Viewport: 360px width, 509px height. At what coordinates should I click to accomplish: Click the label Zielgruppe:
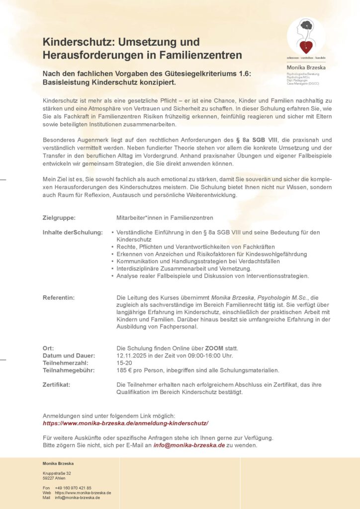point(59,218)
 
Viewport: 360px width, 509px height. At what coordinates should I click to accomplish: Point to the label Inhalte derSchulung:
point(73,232)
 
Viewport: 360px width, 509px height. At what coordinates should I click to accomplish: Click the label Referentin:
point(59,297)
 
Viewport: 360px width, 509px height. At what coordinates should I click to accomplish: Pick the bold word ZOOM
point(214,348)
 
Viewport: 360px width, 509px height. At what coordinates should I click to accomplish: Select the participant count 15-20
point(124,363)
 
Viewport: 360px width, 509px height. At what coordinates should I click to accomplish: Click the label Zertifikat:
point(56,385)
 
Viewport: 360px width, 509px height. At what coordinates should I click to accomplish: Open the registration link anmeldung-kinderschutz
point(125,423)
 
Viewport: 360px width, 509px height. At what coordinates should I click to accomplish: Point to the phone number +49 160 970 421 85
point(73,488)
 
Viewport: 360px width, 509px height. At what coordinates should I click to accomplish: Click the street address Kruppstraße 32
point(57,473)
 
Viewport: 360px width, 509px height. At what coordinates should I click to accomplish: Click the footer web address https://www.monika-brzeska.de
point(83,493)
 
